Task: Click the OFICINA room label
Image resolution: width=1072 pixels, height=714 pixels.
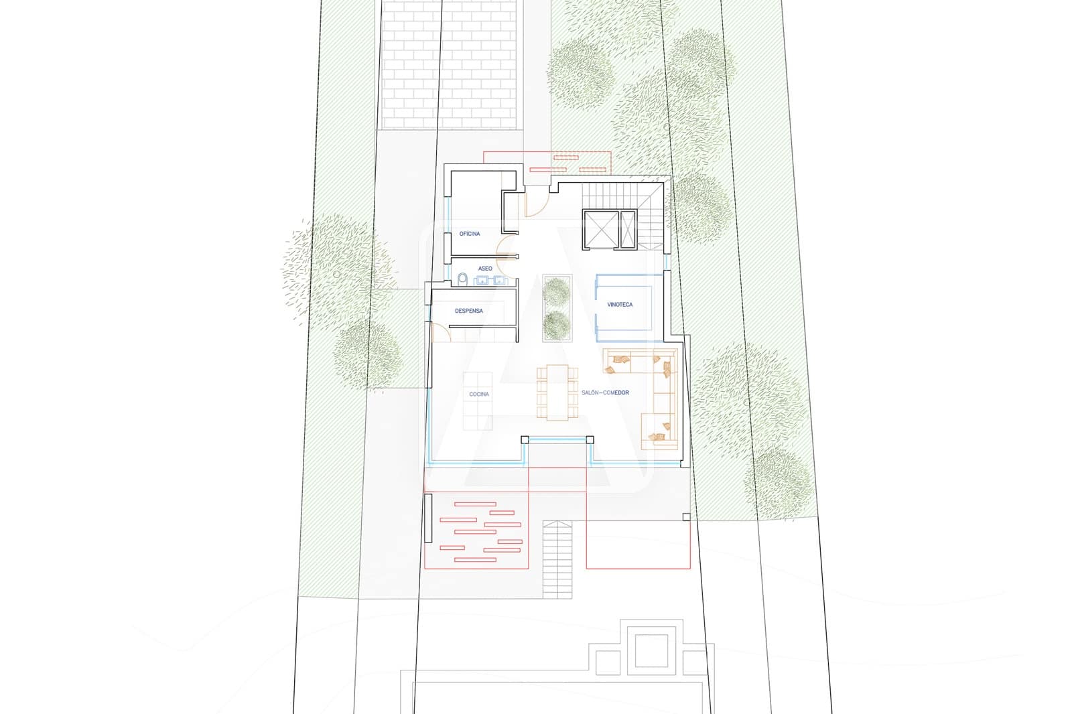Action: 470,234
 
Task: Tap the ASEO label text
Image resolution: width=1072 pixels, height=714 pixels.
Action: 485,269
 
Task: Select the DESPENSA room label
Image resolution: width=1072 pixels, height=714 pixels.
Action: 468,311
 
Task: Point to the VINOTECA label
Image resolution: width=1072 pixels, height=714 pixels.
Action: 620,304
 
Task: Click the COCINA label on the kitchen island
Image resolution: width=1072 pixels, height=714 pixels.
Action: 479,394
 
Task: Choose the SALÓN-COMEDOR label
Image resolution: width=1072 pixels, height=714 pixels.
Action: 605,392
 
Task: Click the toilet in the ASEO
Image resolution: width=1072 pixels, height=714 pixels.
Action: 462,279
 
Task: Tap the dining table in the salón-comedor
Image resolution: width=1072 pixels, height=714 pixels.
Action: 557,392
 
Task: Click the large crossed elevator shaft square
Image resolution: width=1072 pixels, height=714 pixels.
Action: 601,229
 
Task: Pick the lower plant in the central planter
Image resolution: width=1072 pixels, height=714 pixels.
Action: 557,325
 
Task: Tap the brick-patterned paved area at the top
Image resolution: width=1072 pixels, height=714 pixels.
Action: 450,64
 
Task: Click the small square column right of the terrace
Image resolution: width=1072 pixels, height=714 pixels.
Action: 686,517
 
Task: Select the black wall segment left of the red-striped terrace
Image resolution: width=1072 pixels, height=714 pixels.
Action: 428,518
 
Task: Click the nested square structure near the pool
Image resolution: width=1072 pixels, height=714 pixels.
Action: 651,650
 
